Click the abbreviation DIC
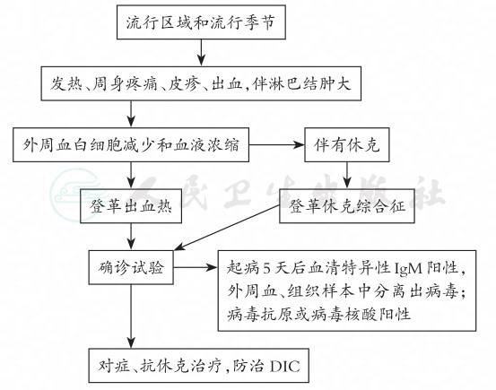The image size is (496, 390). [285, 367]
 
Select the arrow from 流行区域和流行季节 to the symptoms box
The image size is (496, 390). [201, 53]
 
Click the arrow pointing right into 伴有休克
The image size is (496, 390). [277, 145]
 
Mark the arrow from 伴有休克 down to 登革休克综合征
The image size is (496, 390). [347, 176]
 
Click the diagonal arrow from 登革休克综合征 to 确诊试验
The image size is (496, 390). [227, 228]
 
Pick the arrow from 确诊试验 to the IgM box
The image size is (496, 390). [196, 267]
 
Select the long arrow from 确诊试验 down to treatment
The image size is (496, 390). [131, 316]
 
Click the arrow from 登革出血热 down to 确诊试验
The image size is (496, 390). [131, 237]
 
